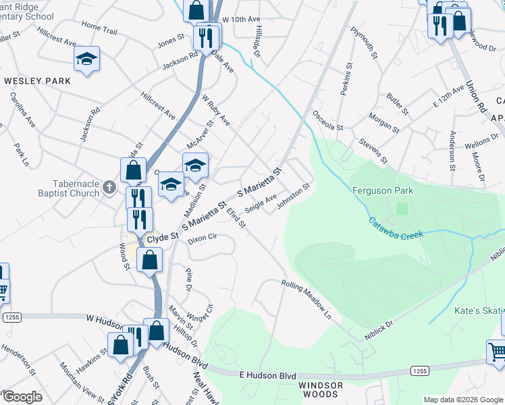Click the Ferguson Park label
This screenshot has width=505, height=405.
[x=383, y=191]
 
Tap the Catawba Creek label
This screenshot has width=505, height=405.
[x=396, y=228]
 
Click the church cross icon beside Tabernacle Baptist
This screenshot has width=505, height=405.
[x=110, y=188]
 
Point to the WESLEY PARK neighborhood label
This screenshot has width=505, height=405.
[x=38, y=81]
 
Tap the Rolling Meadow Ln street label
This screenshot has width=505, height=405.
[x=307, y=300]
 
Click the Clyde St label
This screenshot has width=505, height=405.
[x=162, y=238]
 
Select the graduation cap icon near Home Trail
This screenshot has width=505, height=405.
[x=86, y=59]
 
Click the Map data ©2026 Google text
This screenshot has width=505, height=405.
[x=462, y=400]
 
